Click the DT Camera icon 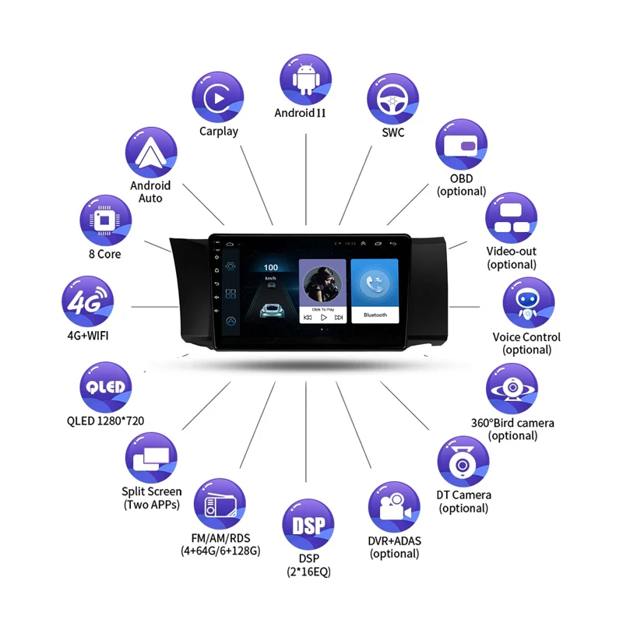463,461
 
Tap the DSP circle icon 309,525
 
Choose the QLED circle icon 105,387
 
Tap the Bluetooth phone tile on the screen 375,290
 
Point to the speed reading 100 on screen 270,267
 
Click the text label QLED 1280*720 105,421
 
